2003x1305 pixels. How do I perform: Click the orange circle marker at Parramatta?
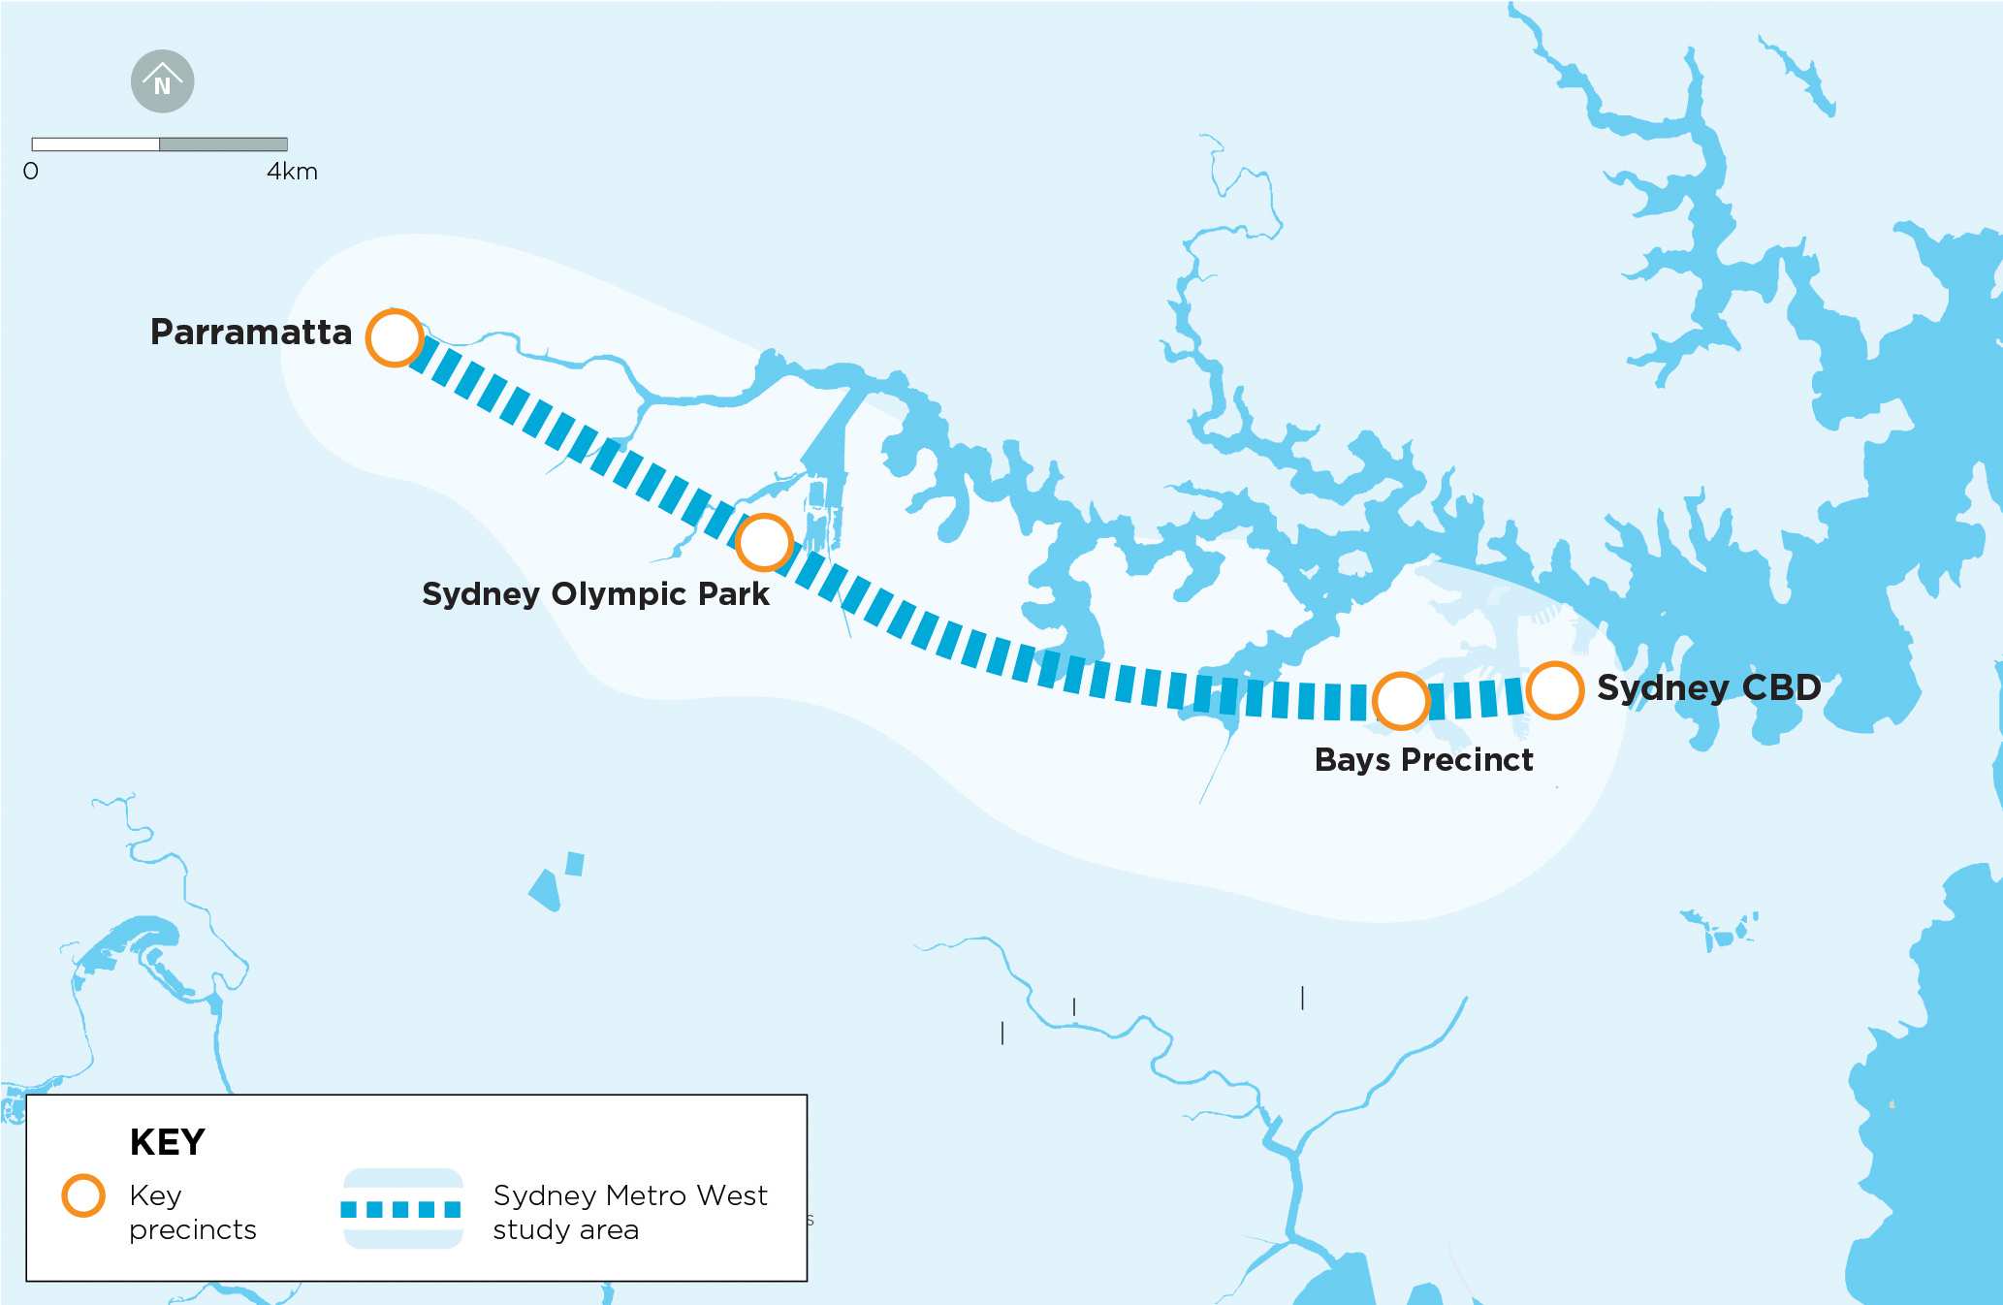pyautogui.click(x=395, y=337)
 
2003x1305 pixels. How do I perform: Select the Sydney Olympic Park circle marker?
pyautogui.click(x=764, y=542)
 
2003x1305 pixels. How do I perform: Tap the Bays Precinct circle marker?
pyautogui.click(x=1400, y=700)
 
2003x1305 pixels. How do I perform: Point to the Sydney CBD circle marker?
pyautogui.click(x=1554, y=690)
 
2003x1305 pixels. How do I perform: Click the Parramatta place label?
pyautogui.click(x=251, y=333)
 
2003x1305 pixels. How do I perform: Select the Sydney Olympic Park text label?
pyautogui.click(x=595, y=593)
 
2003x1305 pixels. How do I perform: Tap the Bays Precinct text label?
pyautogui.click(x=1423, y=760)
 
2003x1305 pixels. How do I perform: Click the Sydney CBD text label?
pyautogui.click(x=1708, y=687)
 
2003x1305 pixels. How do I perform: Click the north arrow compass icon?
pyautogui.click(x=163, y=81)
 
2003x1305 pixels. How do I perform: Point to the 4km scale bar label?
pyautogui.click(x=292, y=172)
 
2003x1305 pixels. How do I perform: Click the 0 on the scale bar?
pyautogui.click(x=31, y=172)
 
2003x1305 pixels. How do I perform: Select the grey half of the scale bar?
pyautogui.click(x=223, y=144)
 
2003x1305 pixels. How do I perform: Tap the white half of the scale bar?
pyautogui.click(x=95, y=144)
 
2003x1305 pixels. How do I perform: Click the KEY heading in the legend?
pyautogui.click(x=168, y=1142)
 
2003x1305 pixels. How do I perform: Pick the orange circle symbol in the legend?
pyautogui.click(x=83, y=1195)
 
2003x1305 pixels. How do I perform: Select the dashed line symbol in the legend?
pyautogui.click(x=401, y=1209)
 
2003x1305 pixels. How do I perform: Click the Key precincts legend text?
pyautogui.click(x=192, y=1212)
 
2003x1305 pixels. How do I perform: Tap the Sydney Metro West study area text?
pyautogui.click(x=629, y=1212)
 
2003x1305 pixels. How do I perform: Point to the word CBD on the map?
pyautogui.click(x=1781, y=687)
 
